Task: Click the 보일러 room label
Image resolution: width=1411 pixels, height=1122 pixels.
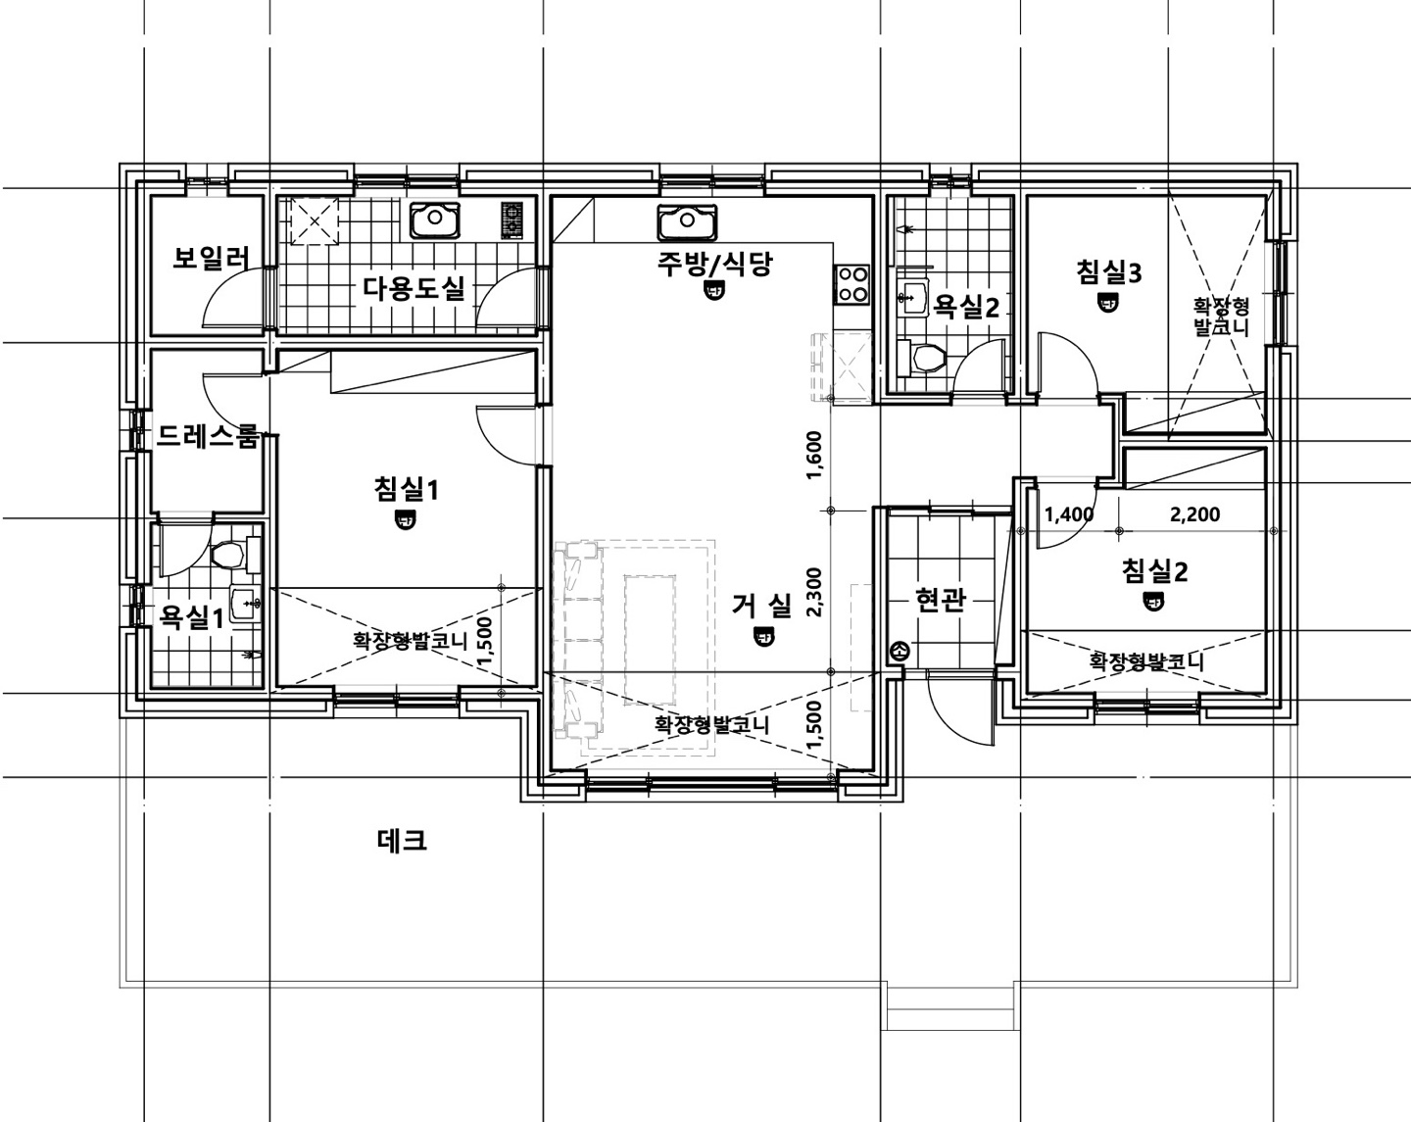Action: click(x=211, y=259)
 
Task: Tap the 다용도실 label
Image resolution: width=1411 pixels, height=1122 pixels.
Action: click(x=414, y=288)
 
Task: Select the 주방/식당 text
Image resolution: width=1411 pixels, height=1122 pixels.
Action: click(x=714, y=263)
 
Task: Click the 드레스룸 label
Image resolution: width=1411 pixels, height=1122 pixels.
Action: click(x=207, y=436)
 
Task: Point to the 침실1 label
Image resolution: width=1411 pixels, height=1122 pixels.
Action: click(x=406, y=489)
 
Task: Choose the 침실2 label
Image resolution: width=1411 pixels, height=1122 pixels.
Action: click(x=1154, y=571)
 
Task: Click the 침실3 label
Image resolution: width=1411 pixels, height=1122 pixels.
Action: click(x=1109, y=272)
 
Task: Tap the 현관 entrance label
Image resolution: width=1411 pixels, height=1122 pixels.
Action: click(x=941, y=599)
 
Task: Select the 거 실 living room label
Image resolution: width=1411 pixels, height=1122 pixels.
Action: click(x=762, y=606)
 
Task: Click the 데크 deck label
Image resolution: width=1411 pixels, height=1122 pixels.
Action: click(x=403, y=840)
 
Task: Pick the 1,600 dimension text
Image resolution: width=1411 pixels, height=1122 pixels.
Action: click(x=813, y=455)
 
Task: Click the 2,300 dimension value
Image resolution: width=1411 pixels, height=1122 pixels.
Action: click(x=813, y=593)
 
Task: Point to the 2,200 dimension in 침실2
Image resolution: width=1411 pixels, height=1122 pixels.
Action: click(x=1195, y=514)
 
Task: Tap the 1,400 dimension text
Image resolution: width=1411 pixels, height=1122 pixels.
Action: click(x=1069, y=514)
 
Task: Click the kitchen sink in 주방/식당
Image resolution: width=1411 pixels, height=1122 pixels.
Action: click(x=687, y=222)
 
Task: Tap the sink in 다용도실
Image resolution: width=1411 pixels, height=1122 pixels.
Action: click(x=435, y=220)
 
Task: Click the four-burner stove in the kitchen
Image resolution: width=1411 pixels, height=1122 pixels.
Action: click(x=851, y=284)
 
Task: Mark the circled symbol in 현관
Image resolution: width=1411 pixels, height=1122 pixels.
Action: click(x=900, y=651)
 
